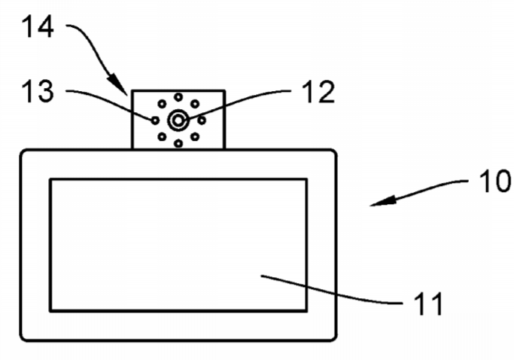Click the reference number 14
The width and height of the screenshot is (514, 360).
click(38, 27)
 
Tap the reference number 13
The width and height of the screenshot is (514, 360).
click(38, 91)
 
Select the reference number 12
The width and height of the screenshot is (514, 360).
click(318, 92)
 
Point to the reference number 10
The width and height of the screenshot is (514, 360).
click(495, 181)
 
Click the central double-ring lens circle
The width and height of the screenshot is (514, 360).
click(178, 121)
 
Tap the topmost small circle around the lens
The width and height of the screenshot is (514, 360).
click(178, 97)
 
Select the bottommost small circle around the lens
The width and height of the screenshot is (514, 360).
click(178, 143)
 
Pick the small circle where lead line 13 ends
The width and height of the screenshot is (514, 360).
click(155, 121)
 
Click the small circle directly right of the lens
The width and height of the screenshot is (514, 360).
click(202, 121)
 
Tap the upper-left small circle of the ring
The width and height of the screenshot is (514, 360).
click(162, 104)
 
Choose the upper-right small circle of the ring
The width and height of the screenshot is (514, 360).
click(195, 104)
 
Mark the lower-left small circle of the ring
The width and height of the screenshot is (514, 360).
click(162, 136)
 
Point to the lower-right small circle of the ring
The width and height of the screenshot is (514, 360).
click(195, 136)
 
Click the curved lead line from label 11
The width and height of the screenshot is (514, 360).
click(331, 293)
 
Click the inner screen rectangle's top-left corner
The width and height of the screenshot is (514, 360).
click(50, 179)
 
